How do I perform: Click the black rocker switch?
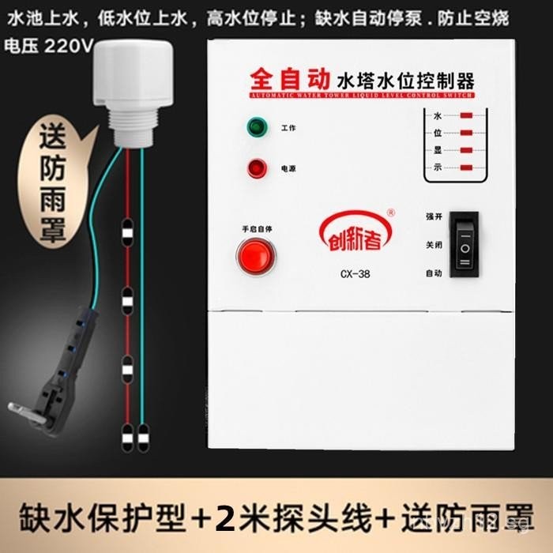(x=465, y=247)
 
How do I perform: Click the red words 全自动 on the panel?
(x=289, y=79)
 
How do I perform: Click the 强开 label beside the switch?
(x=434, y=215)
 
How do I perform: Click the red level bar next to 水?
(x=467, y=115)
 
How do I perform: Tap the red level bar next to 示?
(x=467, y=167)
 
